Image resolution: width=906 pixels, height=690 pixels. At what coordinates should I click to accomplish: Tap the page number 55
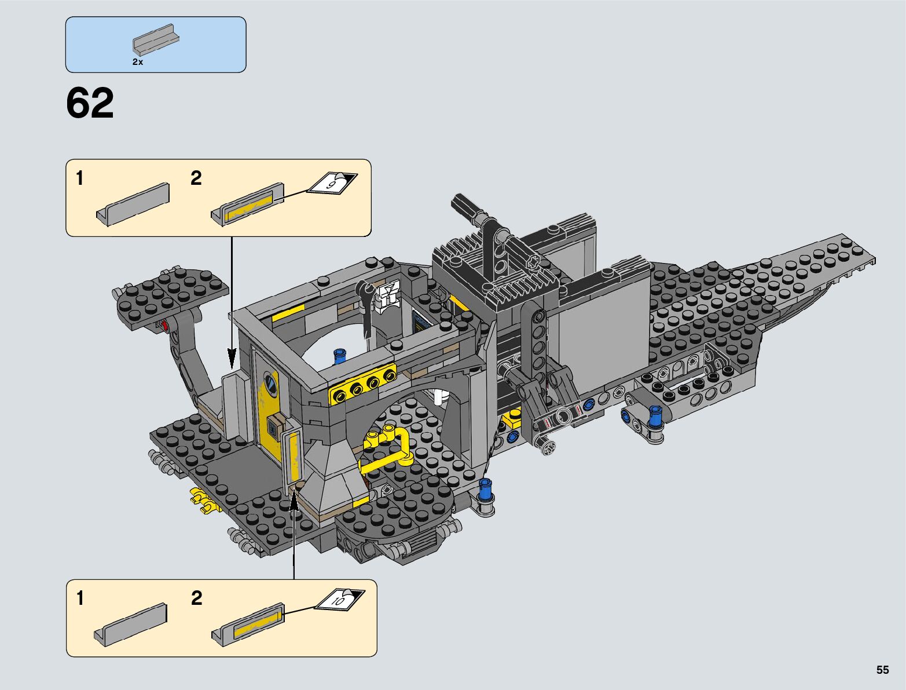[x=882, y=670]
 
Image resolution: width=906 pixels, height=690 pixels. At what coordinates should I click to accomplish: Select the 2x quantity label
[x=137, y=62]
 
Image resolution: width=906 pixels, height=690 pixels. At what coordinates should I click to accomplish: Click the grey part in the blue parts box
[x=156, y=40]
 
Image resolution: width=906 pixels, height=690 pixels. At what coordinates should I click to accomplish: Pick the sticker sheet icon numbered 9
[x=332, y=183]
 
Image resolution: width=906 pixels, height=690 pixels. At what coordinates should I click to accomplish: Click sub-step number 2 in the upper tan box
[x=196, y=178]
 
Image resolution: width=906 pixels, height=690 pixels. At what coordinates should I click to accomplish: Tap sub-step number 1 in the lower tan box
[x=80, y=598]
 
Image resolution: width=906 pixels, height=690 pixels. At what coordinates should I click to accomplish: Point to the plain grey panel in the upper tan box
[x=133, y=205]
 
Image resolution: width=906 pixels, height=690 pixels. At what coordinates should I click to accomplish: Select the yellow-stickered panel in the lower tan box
[x=248, y=625]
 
